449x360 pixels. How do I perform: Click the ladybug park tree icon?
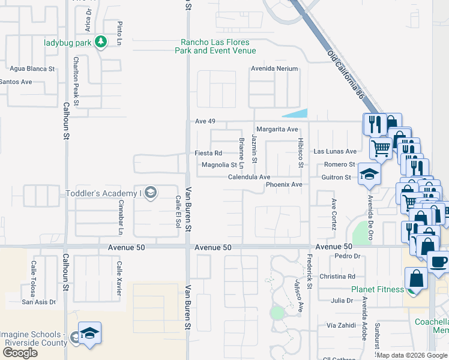[101, 42]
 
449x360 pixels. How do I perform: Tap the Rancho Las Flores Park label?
[215, 47]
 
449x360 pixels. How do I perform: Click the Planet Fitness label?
[378, 289]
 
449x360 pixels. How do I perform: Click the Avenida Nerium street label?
[274, 68]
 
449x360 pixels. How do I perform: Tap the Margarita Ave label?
[277, 129]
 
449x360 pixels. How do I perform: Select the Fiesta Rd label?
[208, 153]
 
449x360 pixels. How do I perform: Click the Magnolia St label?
[219, 164]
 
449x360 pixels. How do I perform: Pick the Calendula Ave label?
[249, 177]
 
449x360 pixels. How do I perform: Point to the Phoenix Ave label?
[284, 185]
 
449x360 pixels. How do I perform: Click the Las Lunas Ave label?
[335, 152]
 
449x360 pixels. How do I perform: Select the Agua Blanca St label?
[32, 69]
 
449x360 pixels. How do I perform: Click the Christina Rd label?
[337, 277]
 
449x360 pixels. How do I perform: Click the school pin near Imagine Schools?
[89, 334]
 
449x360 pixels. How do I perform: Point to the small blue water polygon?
[295, 114]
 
